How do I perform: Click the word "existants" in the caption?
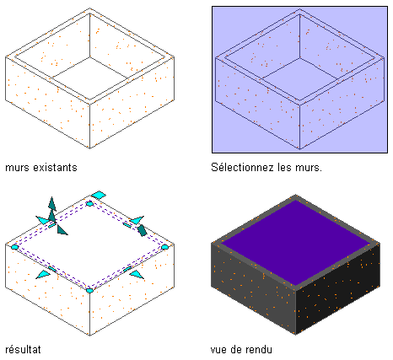click(x=55, y=168)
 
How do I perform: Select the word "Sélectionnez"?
click(x=242, y=167)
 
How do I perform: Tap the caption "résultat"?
click(x=23, y=349)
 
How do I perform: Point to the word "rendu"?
click(x=258, y=349)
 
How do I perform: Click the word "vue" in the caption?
click(x=218, y=350)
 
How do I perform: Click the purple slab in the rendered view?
click(x=295, y=243)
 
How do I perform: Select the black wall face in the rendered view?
click(x=338, y=289)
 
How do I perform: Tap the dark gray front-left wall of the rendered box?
click(x=253, y=289)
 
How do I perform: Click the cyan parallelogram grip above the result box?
click(x=99, y=195)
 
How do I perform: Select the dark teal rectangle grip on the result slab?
click(x=142, y=230)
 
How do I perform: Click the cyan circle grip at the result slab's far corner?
click(x=89, y=204)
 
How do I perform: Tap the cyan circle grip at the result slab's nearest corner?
click(x=89, y=290)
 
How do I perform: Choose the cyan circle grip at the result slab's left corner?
click(x=14, y=247)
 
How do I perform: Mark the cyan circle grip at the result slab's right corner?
click(x=164, y=247)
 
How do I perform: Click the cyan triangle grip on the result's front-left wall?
click(x=44, y=274)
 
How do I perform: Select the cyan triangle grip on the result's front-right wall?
click(x=137, y=274)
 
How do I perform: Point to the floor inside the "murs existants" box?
click(x=90, y=76)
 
